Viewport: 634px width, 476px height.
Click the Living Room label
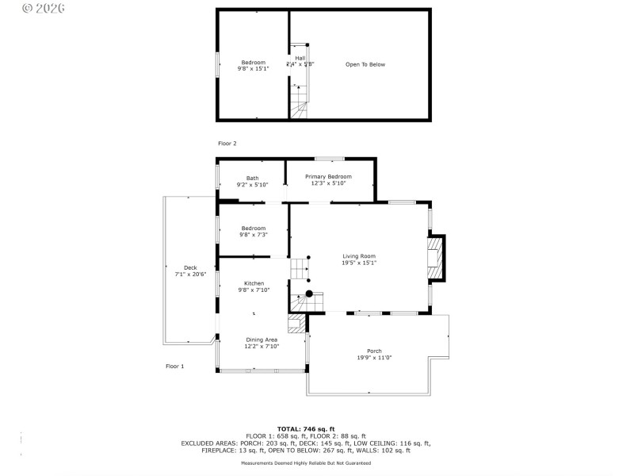[x=359, y=256]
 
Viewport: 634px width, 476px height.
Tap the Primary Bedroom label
[x=328, y=177]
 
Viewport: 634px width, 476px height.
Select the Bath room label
[x=252, y=178]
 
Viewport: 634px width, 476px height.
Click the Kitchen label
[x=254, y=283]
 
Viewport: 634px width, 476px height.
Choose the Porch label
[x=374, y=351]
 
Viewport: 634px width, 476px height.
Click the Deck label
[x=190, y=267]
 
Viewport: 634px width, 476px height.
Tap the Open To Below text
[x=365, y=64]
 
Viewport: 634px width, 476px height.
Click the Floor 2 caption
[x=227, y=144]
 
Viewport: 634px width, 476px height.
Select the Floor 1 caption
[x=174, y=367]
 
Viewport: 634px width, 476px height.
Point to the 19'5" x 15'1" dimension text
[x=359, y=263]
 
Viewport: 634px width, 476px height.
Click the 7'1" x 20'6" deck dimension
[x=190, y=274]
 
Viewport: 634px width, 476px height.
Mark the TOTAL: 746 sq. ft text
[x=306, y=429]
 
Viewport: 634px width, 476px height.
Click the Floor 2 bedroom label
[x=254, y=62]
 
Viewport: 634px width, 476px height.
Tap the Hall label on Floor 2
[x=300, y=58]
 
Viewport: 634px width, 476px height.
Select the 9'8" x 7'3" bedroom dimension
[x=254, y=235]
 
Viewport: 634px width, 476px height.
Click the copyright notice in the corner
[x=44, y=9]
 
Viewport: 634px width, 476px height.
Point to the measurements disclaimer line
[x=306, y=463]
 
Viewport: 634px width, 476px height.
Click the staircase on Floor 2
[x=299, y=102]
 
